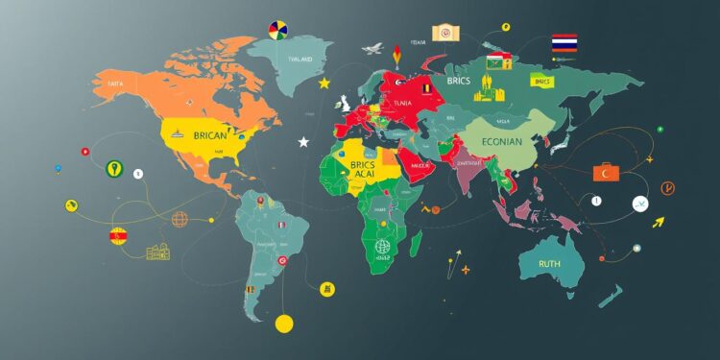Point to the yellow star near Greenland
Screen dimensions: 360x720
click(324, 84)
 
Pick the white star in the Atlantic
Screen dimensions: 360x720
click(304, 142)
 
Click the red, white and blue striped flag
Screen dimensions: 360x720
click(564, 42)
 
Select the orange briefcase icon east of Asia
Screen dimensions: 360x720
click(606, 172)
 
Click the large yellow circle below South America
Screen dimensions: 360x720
click(282, 324)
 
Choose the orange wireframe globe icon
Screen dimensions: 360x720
click(179, 220)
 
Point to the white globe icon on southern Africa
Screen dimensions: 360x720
click(383, 246)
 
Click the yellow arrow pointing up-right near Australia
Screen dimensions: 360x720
click(658, 223)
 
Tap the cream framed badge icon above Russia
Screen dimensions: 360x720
click(444, 33)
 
